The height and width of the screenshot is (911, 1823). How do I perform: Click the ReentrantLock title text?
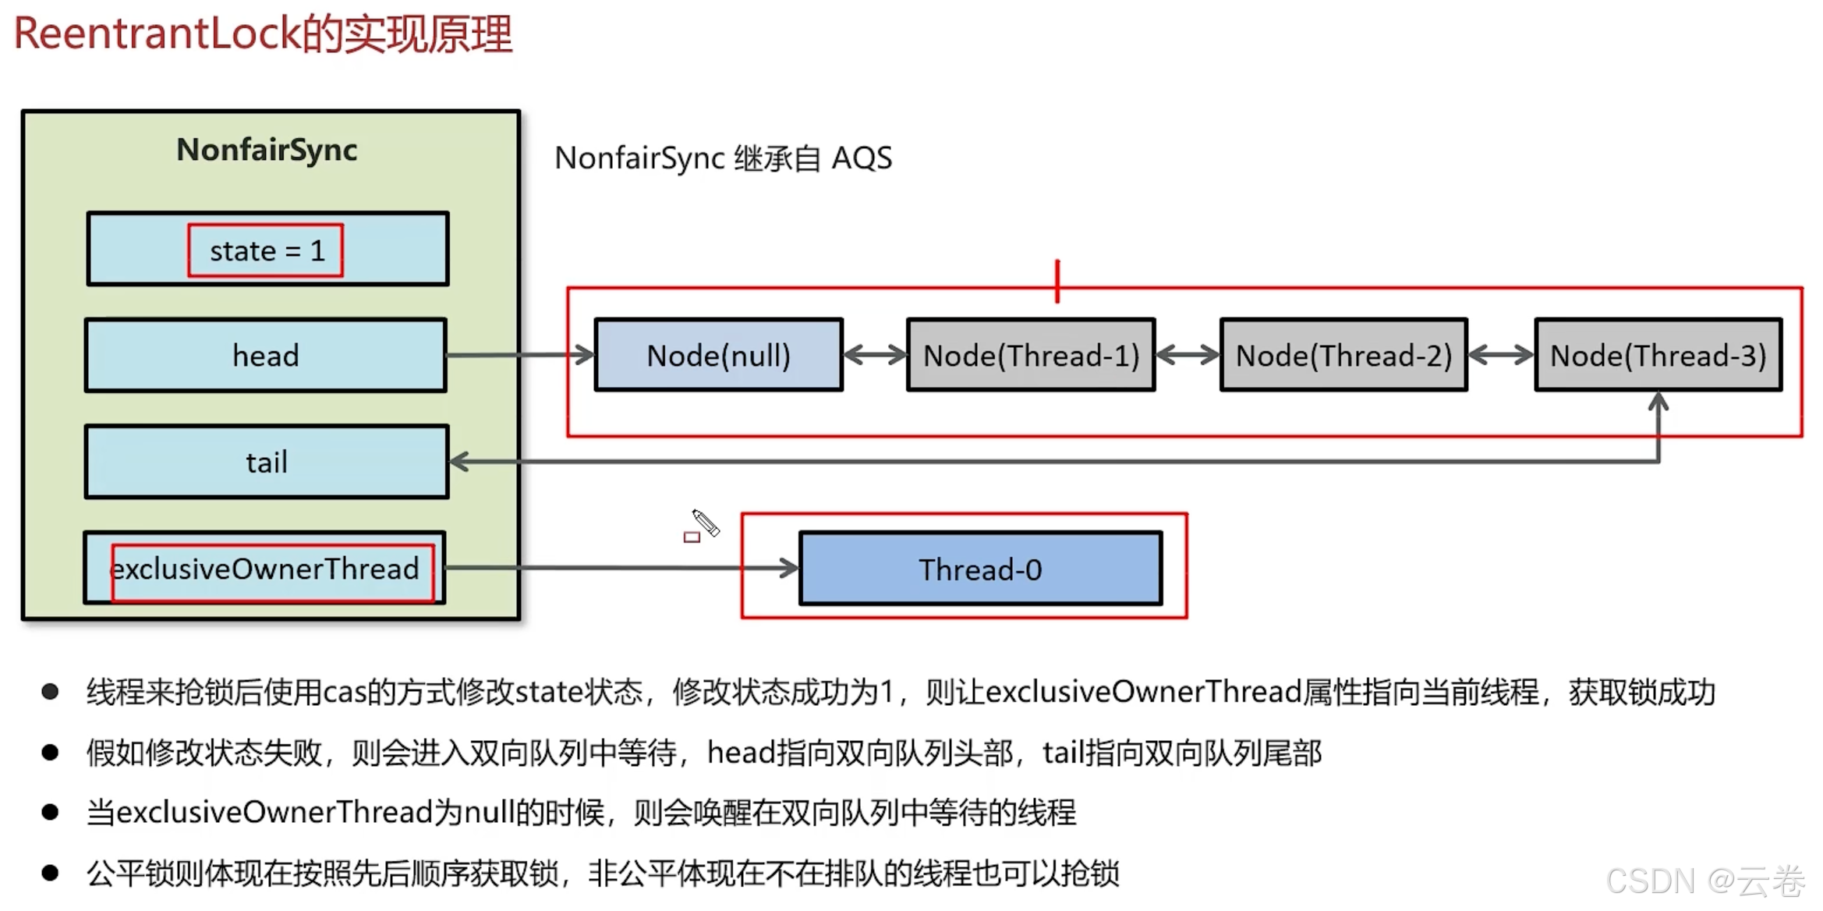263,34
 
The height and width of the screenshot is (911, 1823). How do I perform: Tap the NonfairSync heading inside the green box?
267,150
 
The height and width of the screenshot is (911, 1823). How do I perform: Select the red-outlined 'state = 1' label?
265,250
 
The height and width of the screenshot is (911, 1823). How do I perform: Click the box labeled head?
266,356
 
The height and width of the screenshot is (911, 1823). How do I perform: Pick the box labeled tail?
267,462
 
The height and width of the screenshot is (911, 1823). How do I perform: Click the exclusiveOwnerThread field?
265,569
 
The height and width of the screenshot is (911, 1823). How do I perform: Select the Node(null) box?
718,356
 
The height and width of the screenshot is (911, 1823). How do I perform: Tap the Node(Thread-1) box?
1031,356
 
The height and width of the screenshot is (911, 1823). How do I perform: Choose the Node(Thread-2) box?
1343,356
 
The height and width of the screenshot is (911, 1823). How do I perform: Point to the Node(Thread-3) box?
1658,356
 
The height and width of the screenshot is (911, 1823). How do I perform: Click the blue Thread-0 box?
980,569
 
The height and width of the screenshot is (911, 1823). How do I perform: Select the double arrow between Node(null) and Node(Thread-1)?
875,356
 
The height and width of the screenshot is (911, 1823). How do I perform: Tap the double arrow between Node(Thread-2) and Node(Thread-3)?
1501,356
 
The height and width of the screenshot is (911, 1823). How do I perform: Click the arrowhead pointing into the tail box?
460,462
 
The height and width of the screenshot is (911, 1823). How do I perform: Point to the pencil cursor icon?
706,523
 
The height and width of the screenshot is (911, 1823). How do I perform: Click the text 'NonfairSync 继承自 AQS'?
723,158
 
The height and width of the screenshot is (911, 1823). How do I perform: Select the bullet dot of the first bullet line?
51,692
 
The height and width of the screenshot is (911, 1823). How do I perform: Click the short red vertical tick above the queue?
1057,281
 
